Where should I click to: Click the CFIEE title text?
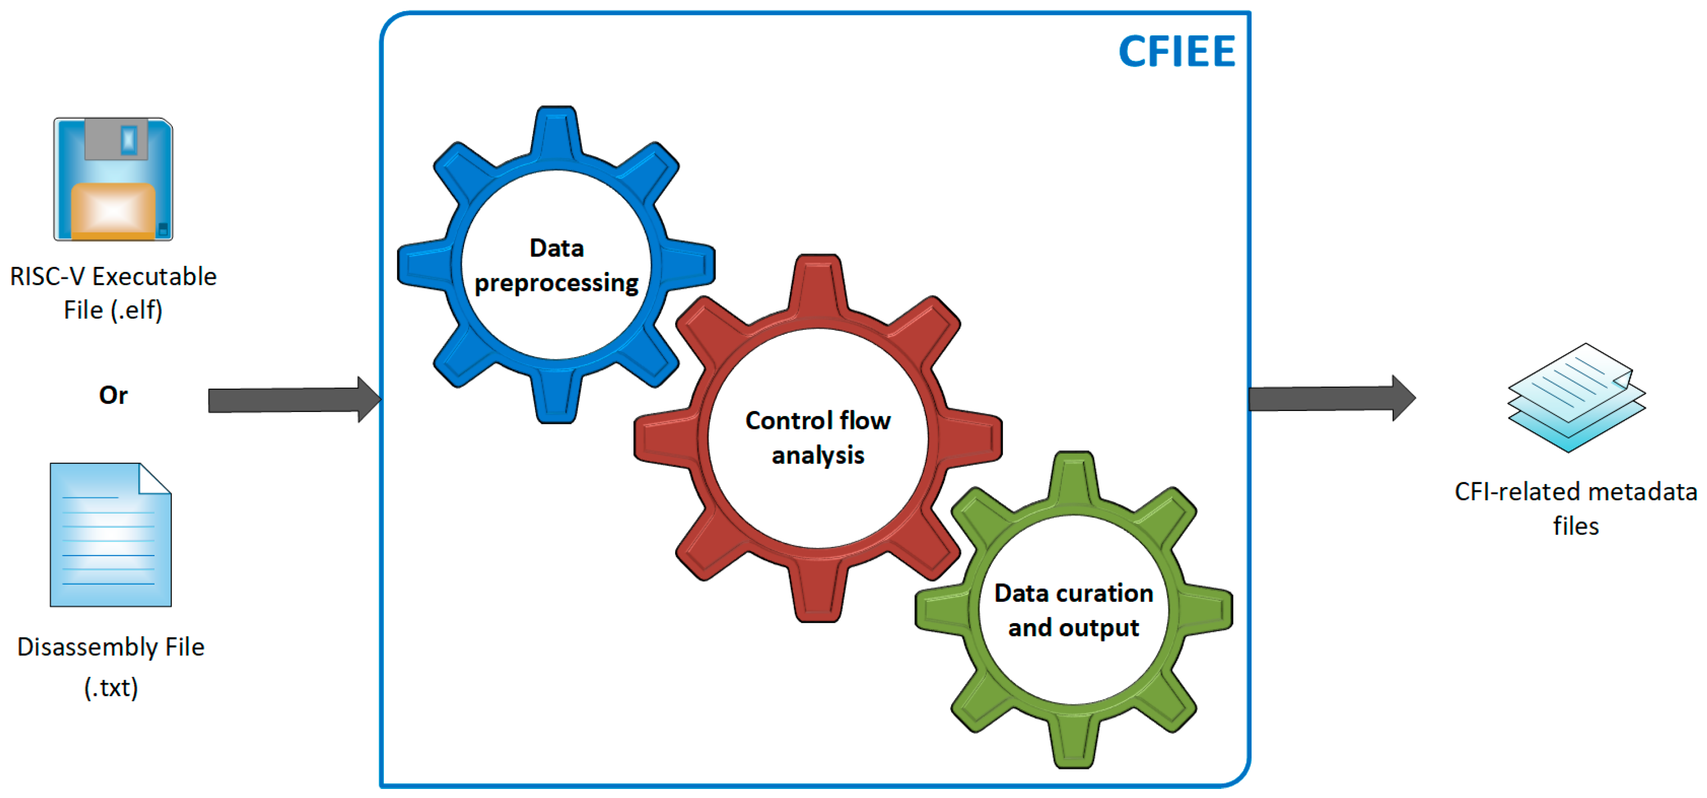point(1176,52)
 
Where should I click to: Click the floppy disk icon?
point(113,179)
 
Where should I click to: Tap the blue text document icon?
point(111,536)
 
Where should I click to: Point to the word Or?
point(113,395)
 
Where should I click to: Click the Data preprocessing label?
point(556,265)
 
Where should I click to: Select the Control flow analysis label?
point(818,437)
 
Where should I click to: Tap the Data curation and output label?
point(1074,610)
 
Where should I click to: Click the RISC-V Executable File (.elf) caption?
point(113,293)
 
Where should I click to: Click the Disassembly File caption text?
point(111,647)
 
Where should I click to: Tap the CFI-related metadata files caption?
point(1576,508)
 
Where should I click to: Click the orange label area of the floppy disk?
point(113,211)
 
